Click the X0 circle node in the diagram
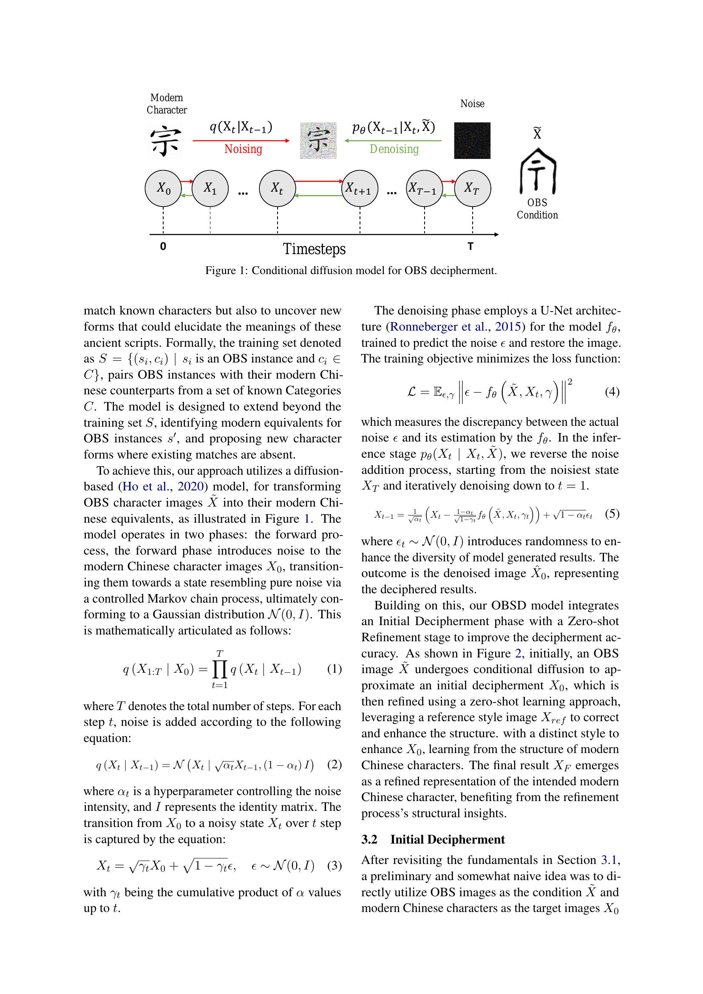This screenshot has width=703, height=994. (x=163, y=188)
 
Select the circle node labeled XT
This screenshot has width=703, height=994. (x=472, y=188)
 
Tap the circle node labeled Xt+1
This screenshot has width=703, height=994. (x=360, y=189)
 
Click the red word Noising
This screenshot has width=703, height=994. (x=243, y=149)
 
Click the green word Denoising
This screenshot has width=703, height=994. (x=394, y=149)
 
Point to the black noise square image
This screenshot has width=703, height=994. (x=472, y=141)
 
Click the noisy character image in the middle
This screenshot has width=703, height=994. (x=318, y=140)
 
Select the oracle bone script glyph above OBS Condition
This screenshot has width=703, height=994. (x=537, y=171)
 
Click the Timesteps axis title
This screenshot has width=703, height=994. (x=314, y=249)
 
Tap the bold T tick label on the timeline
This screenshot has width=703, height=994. (x=471, y=246)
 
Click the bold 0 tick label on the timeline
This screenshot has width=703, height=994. (x=163, y=246)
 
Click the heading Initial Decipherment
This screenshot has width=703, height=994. (x=447, y=839)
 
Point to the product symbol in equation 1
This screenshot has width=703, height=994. (x=219, y=669)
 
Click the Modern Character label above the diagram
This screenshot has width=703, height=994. (x=167, y=104)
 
